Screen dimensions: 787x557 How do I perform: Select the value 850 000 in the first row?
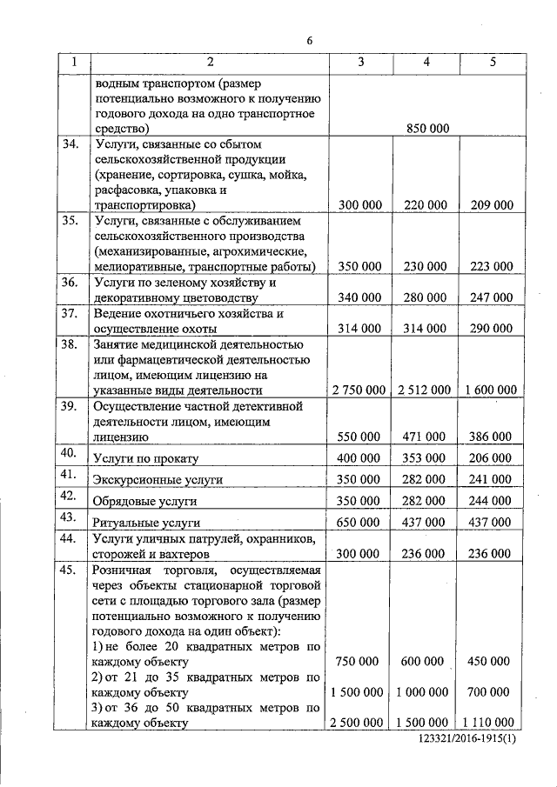[426, 128]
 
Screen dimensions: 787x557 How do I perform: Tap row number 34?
[70, 143]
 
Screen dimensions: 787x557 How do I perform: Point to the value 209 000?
[492, 205]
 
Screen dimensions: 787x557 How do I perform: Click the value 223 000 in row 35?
[492, 267]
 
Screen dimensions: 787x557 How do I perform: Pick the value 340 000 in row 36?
[359, 298]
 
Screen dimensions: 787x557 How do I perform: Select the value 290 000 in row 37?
[492, 329]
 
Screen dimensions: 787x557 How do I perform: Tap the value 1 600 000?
[492, 390]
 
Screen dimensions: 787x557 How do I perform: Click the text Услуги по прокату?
[145, 458]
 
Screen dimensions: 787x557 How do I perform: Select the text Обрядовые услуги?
[144, 502]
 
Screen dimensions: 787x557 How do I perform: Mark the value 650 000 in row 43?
[359, 523]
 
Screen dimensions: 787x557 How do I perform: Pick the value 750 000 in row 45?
[359, 662]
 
